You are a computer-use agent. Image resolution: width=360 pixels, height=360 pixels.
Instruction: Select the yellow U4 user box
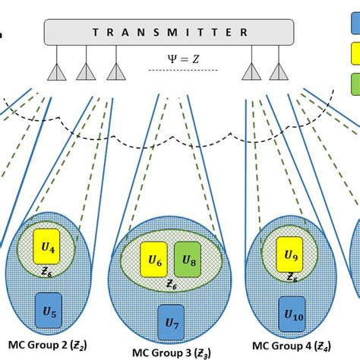tap(49, 247)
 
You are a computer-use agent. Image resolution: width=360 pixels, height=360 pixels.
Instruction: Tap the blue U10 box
tap(292, 311)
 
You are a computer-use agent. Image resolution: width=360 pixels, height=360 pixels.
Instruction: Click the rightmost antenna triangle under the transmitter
tap(283, 71)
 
